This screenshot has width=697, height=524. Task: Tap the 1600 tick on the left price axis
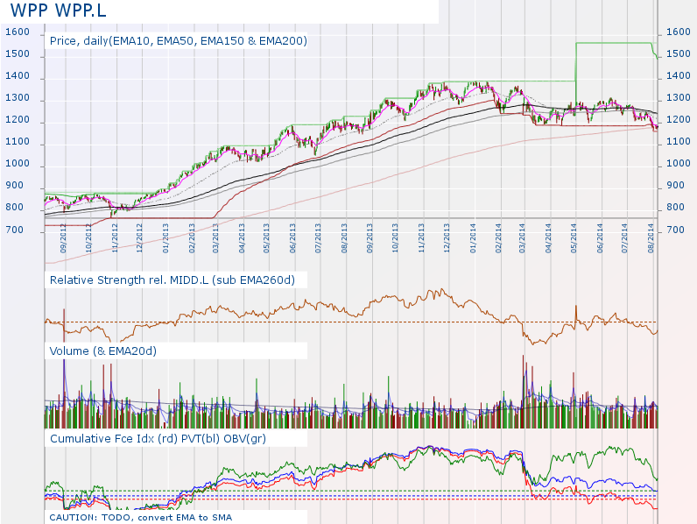[18, 32]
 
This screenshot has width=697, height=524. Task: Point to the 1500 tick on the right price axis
[678, 53]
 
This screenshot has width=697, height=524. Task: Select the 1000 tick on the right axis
[678, 163]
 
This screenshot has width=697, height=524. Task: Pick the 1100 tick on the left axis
[18, 142]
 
